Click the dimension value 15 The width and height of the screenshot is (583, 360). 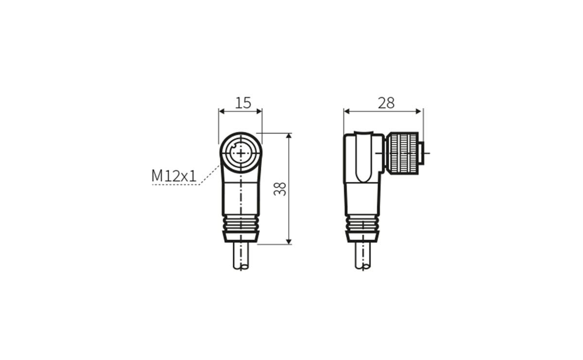pyautogui.click(x=243, y=103)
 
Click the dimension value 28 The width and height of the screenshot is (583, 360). pyautogui.click(x=386, y=103)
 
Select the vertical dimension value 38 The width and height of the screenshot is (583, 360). pyautogui.click(x=280, y=189)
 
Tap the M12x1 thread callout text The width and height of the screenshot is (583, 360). pyautogui.click(x=174, y=176)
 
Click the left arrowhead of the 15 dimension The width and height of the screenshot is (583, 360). pyautogui.click(x=222, y=111)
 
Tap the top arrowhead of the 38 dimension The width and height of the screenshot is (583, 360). pyautogui.click(x=289, y=136)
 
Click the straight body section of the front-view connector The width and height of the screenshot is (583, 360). pyautogui.click(x=240, y=197)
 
